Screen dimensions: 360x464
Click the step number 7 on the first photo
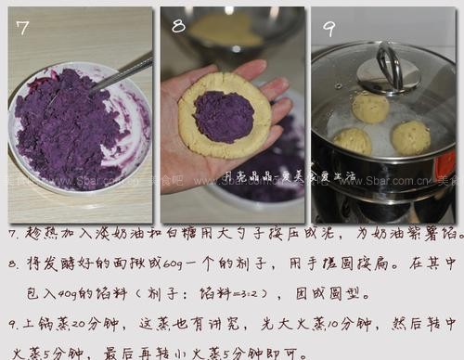tap(23, 29)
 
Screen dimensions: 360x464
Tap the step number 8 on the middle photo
tap(178, 26)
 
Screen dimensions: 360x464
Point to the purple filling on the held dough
tap(222, 116)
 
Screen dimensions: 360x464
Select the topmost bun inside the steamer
tap(371, 108)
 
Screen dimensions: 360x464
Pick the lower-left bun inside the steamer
tap(353, 141)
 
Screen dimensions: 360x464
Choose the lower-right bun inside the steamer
tap(410, 137)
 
